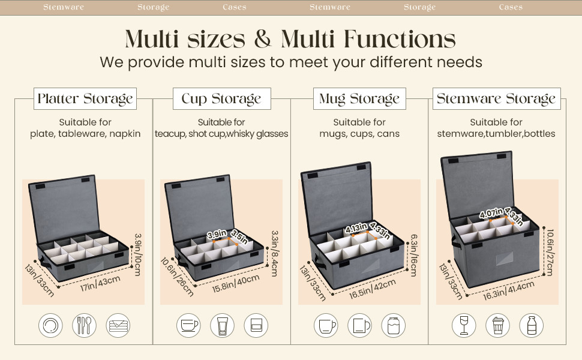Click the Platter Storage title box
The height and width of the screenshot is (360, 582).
coord(85,99)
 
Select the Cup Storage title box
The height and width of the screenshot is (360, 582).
coord(221,99)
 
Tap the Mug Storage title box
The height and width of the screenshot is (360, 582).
coord(359,99)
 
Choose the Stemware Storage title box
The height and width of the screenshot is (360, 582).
coord(496,99)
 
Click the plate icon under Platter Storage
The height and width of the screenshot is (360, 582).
coord(50,325)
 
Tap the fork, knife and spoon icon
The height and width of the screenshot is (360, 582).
coord(84,325)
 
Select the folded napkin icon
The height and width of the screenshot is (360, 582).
coord(118,325)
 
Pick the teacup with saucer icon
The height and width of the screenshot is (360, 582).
coord(188,325)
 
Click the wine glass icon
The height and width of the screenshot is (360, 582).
coord(464,325)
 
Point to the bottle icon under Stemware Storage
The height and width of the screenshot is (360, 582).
coord(532,325)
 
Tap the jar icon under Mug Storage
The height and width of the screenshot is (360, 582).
coord(394,325)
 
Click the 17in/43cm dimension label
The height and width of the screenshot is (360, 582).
coord(100,283)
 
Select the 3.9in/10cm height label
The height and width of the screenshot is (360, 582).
coord(138,254)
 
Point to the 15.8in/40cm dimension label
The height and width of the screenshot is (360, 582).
coord(236,284)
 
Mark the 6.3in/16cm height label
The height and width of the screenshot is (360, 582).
coord(414,256)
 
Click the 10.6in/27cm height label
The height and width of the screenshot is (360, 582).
coord(550,253)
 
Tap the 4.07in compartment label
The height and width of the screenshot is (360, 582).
coord(491,213)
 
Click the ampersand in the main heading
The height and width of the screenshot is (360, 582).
coord(263,38)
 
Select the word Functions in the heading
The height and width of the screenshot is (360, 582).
coord(400,38)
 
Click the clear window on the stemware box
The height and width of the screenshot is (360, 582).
coord(505,259)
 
